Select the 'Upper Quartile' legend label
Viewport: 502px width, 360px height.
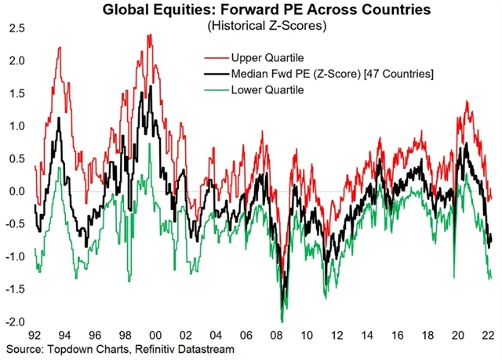(267, 57)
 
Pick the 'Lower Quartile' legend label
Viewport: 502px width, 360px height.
(267, 90)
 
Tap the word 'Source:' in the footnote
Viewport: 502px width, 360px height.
(25, 348)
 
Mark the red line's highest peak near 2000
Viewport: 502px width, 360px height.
(149, 35)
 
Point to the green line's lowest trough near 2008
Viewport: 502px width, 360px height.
(281, 321)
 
